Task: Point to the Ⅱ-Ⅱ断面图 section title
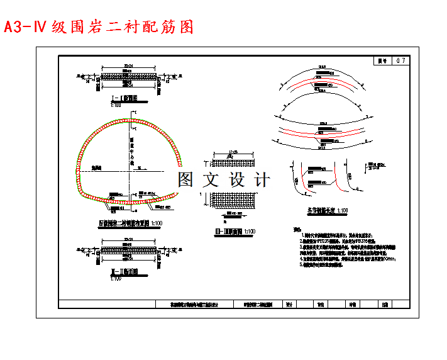pos(124,272)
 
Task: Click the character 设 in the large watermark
pos(239,179)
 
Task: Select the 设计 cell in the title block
pos(289,303)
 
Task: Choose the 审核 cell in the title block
pos(353,303)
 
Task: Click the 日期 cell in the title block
pos(385,303)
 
